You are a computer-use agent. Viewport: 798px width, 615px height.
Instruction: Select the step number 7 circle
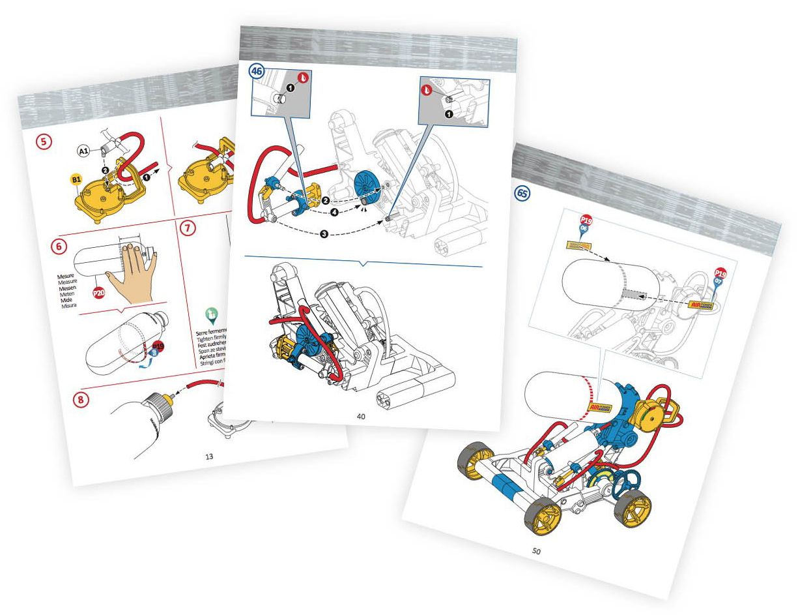(x=187, y=229)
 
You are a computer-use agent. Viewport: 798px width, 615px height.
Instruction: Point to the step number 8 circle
(x=80, y=400)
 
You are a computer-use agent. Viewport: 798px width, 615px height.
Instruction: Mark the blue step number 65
(x=522, y=194)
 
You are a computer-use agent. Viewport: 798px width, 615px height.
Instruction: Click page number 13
(x=209, y=456)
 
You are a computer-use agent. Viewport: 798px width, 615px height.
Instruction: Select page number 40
(x=360, y=415)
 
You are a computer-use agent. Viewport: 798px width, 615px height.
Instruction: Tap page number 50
(x=536, y=551)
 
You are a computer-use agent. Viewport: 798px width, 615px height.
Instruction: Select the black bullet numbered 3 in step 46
(x=323, y=234)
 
